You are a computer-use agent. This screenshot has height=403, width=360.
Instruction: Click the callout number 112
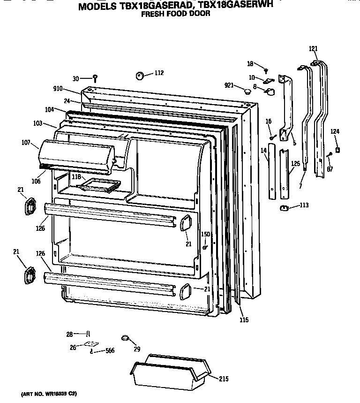coord(159,73)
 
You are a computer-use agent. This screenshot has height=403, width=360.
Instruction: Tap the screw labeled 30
coord(95,77)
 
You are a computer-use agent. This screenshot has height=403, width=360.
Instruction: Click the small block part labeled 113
coord(283,208)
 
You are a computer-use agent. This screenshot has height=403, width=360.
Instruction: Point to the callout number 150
coord(205,234)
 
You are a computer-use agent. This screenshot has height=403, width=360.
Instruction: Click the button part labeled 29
coord(124,337)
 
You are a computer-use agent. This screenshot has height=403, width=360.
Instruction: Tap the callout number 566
coord(110,350)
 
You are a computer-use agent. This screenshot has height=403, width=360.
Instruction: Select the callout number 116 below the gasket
coord(243,320)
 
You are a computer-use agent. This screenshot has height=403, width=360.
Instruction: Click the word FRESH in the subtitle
coord(152,14)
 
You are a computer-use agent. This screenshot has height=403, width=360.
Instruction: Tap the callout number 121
coord(313,49)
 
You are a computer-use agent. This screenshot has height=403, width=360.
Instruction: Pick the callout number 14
coord(263,150)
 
